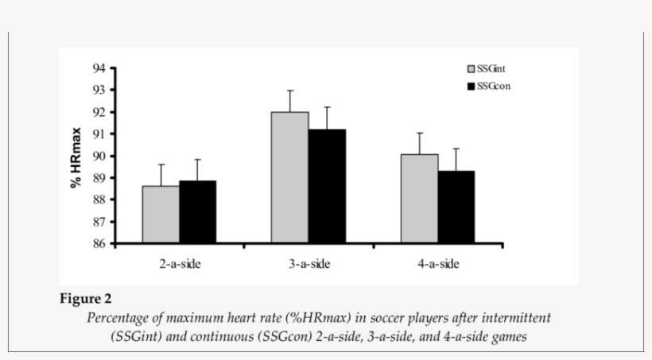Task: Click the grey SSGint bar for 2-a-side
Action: tap(161, 215)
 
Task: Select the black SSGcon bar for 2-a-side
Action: tap(197, 212)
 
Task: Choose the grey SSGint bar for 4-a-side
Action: tap(419, 199)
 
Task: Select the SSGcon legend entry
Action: tap(488, 85)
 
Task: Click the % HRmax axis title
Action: tap(76, 157)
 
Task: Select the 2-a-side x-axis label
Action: tap(179, 264)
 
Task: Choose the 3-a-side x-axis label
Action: tap(309, 264)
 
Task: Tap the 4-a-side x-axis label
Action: tap(438, 264)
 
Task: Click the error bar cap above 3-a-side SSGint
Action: tap(290, 91)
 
